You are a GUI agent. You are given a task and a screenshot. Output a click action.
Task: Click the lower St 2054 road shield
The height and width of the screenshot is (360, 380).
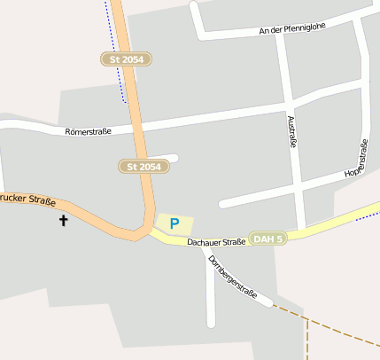click(x=143, y=166)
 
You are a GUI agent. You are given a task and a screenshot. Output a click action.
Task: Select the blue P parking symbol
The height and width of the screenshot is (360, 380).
click(x=174, y=224)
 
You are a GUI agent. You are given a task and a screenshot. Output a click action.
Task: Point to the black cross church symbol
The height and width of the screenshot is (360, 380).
click(x=64, y=219)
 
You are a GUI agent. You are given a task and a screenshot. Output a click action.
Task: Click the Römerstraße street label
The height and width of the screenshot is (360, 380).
click(x=89, y=132)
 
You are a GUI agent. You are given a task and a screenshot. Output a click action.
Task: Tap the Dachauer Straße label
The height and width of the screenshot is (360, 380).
click(x=216, y=241)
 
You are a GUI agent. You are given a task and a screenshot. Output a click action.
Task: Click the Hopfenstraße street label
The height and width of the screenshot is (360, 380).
click(x=357, y=157)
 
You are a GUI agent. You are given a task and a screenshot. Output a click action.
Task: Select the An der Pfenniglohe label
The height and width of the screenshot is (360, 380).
click(x=292, y=28)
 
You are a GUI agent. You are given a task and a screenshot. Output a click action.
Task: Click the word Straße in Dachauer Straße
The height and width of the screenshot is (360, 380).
click(x=233, y=241)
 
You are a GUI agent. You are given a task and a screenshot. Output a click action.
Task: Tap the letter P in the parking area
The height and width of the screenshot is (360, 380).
click(x=174, y=224)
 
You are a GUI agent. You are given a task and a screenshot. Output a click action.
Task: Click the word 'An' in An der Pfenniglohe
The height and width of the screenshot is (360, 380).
click(x=263, y=31)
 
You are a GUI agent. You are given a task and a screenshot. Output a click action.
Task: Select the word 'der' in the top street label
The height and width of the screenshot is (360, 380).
click(x=276, y=30)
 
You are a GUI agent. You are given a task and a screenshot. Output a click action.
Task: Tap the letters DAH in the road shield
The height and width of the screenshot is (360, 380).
click(x=262, y=239)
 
